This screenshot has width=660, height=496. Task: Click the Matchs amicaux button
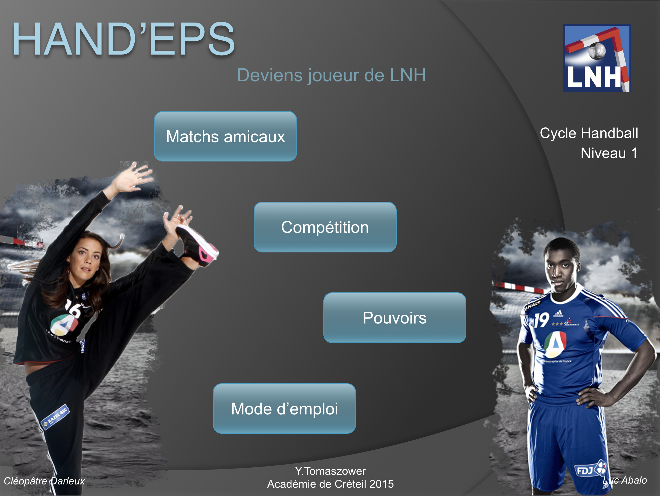coord(225,136)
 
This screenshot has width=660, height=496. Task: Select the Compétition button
coord(325,227)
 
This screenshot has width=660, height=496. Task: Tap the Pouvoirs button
coord(395,318)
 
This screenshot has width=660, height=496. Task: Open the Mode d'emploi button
coord(284,409)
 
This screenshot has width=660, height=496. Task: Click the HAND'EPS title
coord(124,39)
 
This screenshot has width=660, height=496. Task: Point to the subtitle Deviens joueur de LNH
coord(331,75)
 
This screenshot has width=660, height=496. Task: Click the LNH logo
coord(597,58)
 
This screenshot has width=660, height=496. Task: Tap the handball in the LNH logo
coord(597,51)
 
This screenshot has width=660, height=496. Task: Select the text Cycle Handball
coord(589,133)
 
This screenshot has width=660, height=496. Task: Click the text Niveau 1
coord(609,153)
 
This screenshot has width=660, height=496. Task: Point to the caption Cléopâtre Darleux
coord(44,481)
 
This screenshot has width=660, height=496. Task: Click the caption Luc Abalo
coord(625,480)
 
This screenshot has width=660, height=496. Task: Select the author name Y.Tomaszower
coord(330,471)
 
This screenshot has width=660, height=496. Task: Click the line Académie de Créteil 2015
coord(330,484)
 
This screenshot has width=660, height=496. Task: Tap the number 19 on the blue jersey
coord(541,320)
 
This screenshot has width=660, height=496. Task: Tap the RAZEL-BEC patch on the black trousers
coord(55,417)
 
